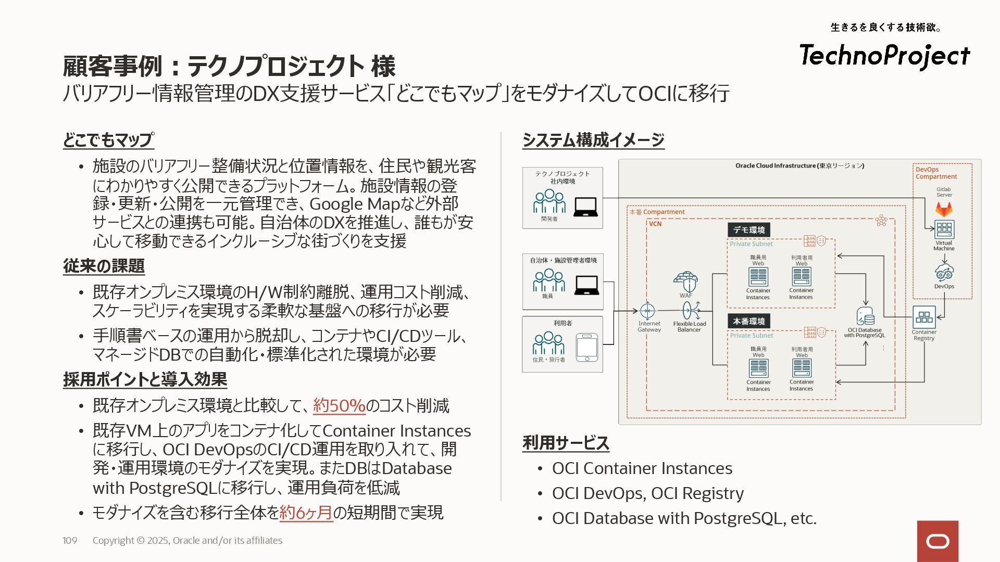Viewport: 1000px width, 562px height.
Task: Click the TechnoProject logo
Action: pos(884,56)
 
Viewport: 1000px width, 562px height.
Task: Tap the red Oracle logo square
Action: pos(938,541)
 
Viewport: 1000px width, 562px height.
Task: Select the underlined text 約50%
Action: pos(339,406)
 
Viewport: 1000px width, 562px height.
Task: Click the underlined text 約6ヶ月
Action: pos(306,513)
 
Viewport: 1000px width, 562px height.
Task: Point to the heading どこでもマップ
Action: pos(108,140)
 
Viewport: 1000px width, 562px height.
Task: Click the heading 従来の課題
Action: pos(104,266)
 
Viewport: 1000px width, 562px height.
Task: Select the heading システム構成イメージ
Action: pos(593,140)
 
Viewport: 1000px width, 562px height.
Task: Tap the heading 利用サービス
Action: pos(566,443)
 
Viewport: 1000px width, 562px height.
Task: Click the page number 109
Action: pos(70,541)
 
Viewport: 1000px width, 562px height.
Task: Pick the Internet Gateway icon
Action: pos(647,311)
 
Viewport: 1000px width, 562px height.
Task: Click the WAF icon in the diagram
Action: pos(685,282)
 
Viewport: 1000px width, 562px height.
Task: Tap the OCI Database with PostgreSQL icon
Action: pos(865,316)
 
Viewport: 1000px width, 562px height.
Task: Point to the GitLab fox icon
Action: pos(944,209)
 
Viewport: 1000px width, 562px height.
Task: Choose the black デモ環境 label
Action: pos(749,230)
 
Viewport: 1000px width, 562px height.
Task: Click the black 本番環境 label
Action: pos(749,322)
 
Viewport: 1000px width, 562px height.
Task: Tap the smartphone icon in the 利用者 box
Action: pos(587,347)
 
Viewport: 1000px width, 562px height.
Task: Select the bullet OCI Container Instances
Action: pos(642,468)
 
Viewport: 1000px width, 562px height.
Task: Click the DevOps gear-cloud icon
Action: pos(944,272)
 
